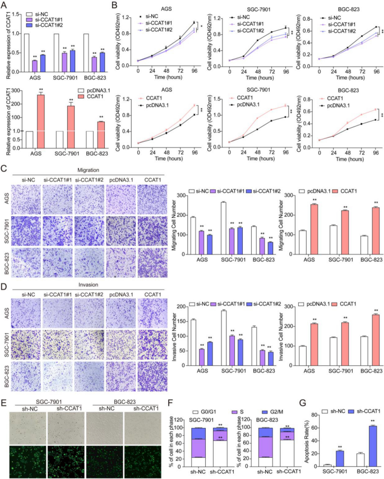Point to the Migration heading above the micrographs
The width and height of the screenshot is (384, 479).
coord(84,169)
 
